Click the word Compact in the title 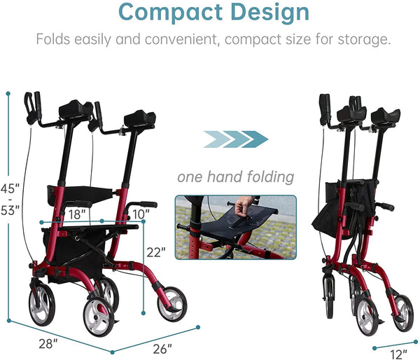click(x=164, y=12)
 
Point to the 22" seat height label click(x=156, y=251)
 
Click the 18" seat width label click(x=76, y=212)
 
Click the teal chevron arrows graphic click(x=235, y=139)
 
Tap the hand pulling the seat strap click(x=244, y=206)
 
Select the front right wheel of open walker click(x=171, y=303)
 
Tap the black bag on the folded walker click(x=327, y=208)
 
